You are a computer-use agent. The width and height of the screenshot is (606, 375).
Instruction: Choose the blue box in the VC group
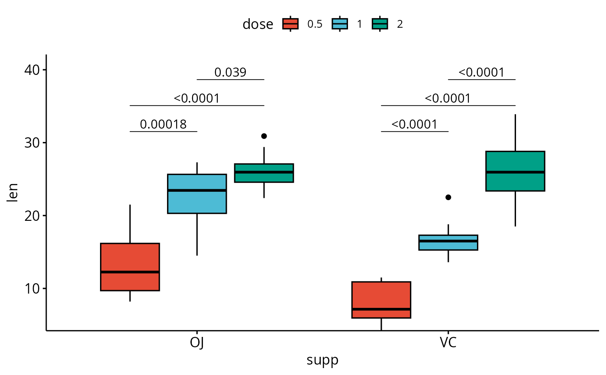point(448,242)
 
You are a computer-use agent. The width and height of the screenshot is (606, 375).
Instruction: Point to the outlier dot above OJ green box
point(264,136)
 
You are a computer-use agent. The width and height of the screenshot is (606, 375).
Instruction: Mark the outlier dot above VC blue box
point(448,197)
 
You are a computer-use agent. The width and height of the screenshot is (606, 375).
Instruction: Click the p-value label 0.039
point(230,72)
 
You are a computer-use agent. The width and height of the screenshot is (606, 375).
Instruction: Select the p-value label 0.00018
point(163,125)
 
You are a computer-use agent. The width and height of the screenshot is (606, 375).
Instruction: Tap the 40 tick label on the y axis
point(29,70)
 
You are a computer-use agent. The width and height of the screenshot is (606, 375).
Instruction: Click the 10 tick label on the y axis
point(29,288)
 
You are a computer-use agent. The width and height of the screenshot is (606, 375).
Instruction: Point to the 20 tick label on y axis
point(29,216)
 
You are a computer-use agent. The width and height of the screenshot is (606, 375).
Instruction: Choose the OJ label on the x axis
point(197,343)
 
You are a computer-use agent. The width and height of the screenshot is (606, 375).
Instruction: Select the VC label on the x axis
point(448,343)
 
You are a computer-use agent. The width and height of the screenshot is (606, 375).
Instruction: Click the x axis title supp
point(322,360)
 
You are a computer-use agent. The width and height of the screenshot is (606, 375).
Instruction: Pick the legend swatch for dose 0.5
point(290,24)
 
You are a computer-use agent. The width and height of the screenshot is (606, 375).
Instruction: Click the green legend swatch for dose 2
point(380,24)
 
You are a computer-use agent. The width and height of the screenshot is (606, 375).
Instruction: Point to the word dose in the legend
point(258,24)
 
